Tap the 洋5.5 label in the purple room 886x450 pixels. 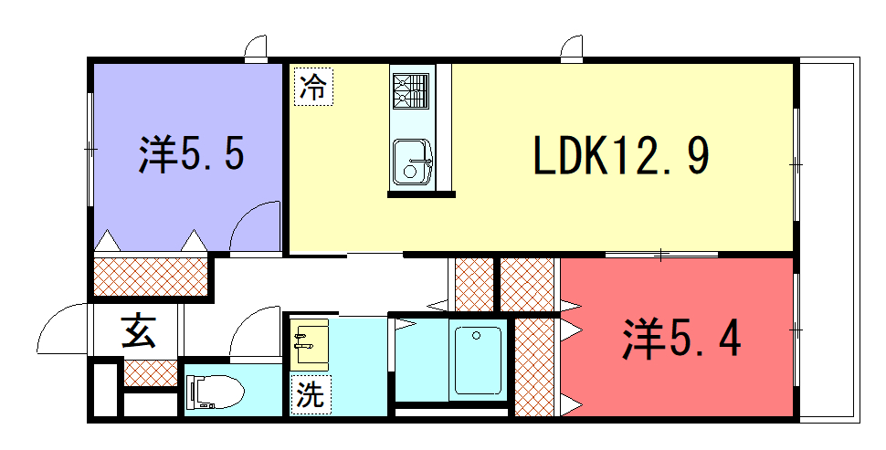click(x=192, y=153)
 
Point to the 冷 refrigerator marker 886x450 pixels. click(x=313, y=87)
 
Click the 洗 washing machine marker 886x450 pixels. click(x=311, y=393)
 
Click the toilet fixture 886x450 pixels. click(x=216, y=391)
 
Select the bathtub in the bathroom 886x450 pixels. click(x=477, y=361)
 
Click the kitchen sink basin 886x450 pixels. click(x=413, y=162)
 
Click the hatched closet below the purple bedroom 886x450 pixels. click(x=151, y=277)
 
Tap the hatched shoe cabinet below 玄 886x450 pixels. click(x=151, y=373)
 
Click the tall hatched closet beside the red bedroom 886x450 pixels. click(x=534, y=367)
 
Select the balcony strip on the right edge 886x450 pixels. click(x=829, y=240)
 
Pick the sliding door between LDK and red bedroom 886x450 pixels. click(x=661, y=256)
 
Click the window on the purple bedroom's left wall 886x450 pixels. click(x=90, y=149)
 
